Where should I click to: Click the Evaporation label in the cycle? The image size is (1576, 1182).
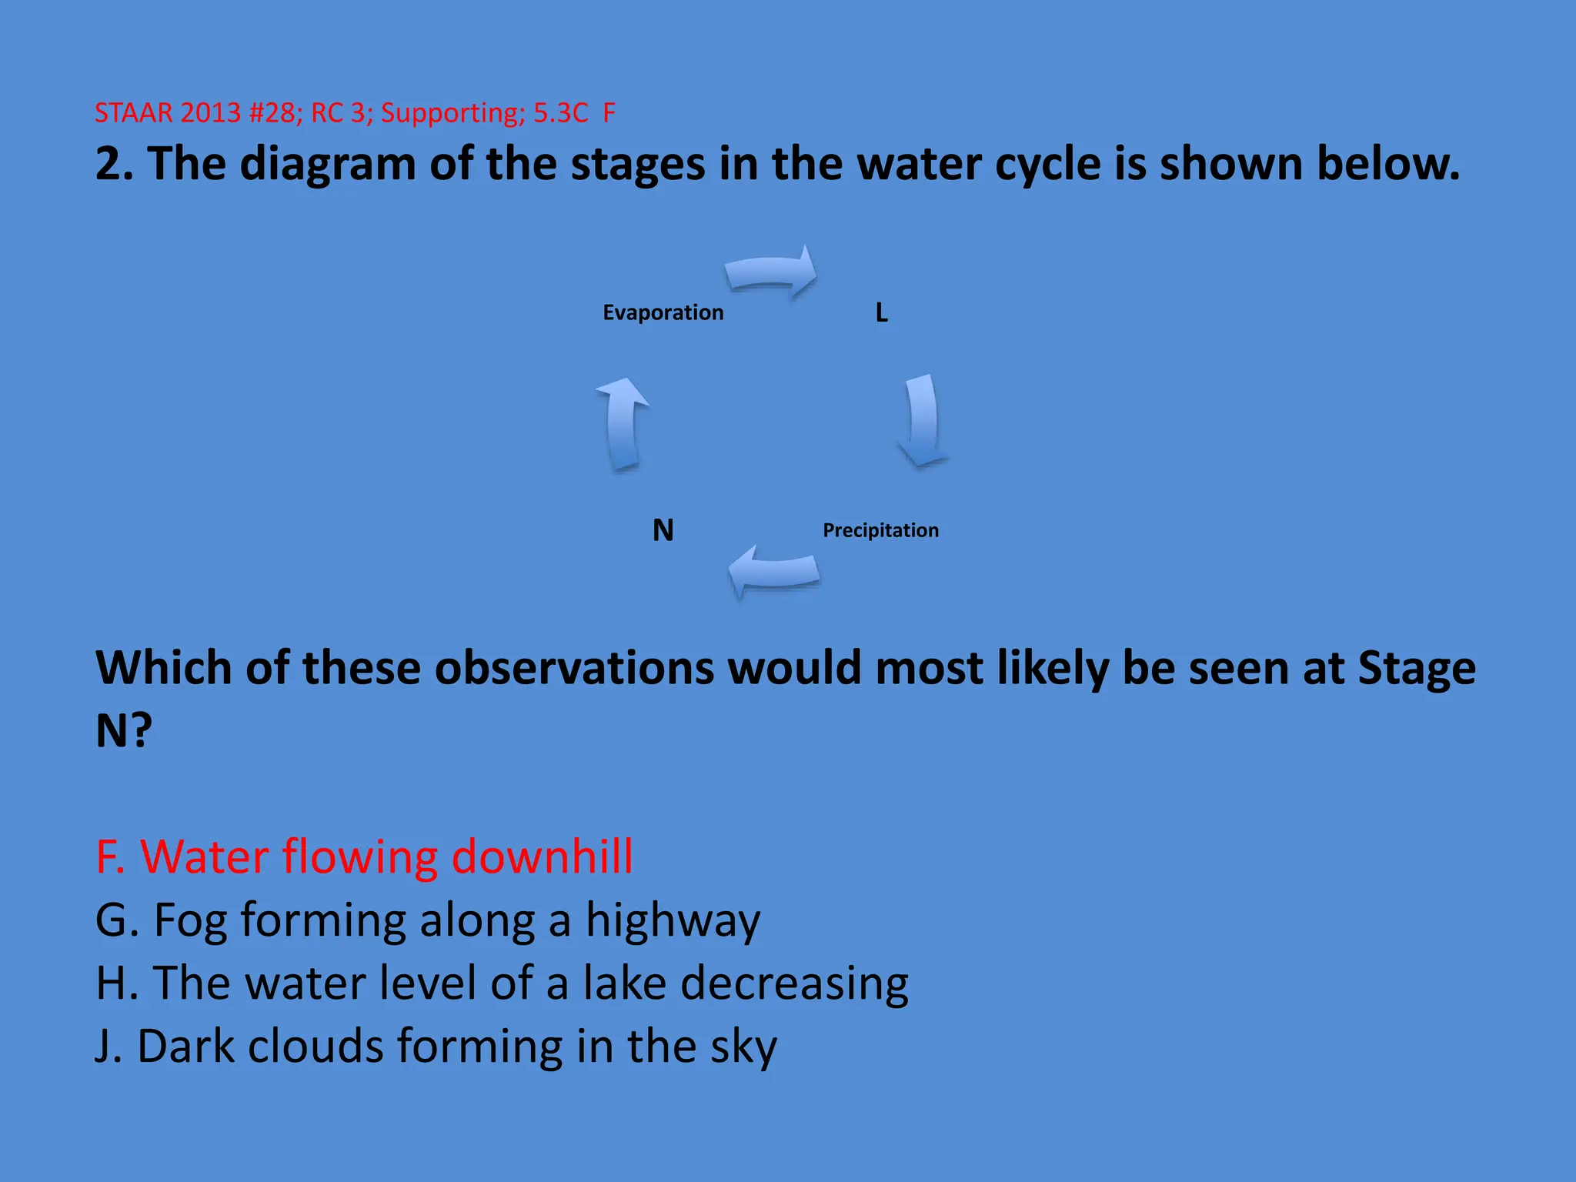click(x=663, y=312)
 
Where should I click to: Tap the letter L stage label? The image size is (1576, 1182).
click(x=882, y=313)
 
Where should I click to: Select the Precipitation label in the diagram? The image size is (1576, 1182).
click(x=880, y=530)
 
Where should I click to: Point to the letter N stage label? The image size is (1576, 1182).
click(x=663, y=530)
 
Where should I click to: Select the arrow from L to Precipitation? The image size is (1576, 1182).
click(x=922, y=420)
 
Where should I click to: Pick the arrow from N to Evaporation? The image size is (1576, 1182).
click(x=623, y=423)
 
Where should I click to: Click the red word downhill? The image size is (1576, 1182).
click(x=543, y=856)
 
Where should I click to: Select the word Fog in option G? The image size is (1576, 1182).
click(x=190, y=920)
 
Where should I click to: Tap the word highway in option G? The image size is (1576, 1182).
click(x=673, y=920)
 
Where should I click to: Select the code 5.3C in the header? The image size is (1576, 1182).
click(x=561, y=113)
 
